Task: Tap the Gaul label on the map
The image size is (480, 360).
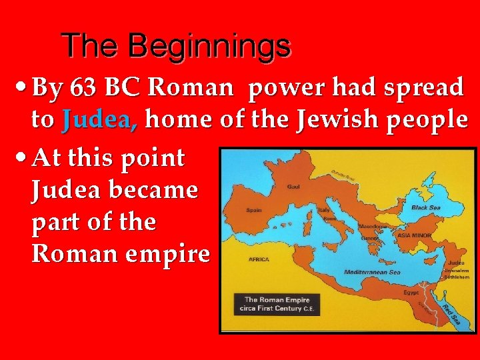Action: pyautogui.click(x=293, y=187)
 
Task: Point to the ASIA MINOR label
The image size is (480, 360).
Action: pyautogui.click(x=413, y=235)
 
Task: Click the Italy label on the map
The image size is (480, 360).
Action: pyautogui.click(x=325, y=210)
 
